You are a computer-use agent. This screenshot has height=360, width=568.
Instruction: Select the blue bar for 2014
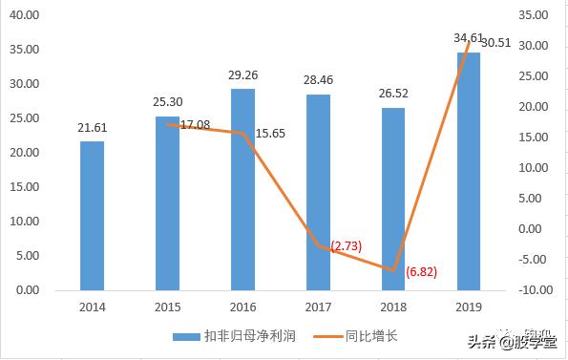[92, 216]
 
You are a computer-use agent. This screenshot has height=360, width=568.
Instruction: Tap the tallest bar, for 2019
[469, 171]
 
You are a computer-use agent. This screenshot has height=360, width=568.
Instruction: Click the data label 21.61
[93, 127]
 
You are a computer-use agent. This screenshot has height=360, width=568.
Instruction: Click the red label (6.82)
[421, 272]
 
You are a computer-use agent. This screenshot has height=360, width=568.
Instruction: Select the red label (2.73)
[345, 246]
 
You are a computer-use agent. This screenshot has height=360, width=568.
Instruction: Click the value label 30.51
[500, 43]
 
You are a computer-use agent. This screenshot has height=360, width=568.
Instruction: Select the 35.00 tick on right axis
[534, 15]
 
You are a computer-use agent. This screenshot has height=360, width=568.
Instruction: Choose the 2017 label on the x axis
[319, 307]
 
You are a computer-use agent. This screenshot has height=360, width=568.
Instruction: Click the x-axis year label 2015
[168, 307]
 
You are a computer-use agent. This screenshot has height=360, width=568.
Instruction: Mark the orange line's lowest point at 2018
[393, 270]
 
